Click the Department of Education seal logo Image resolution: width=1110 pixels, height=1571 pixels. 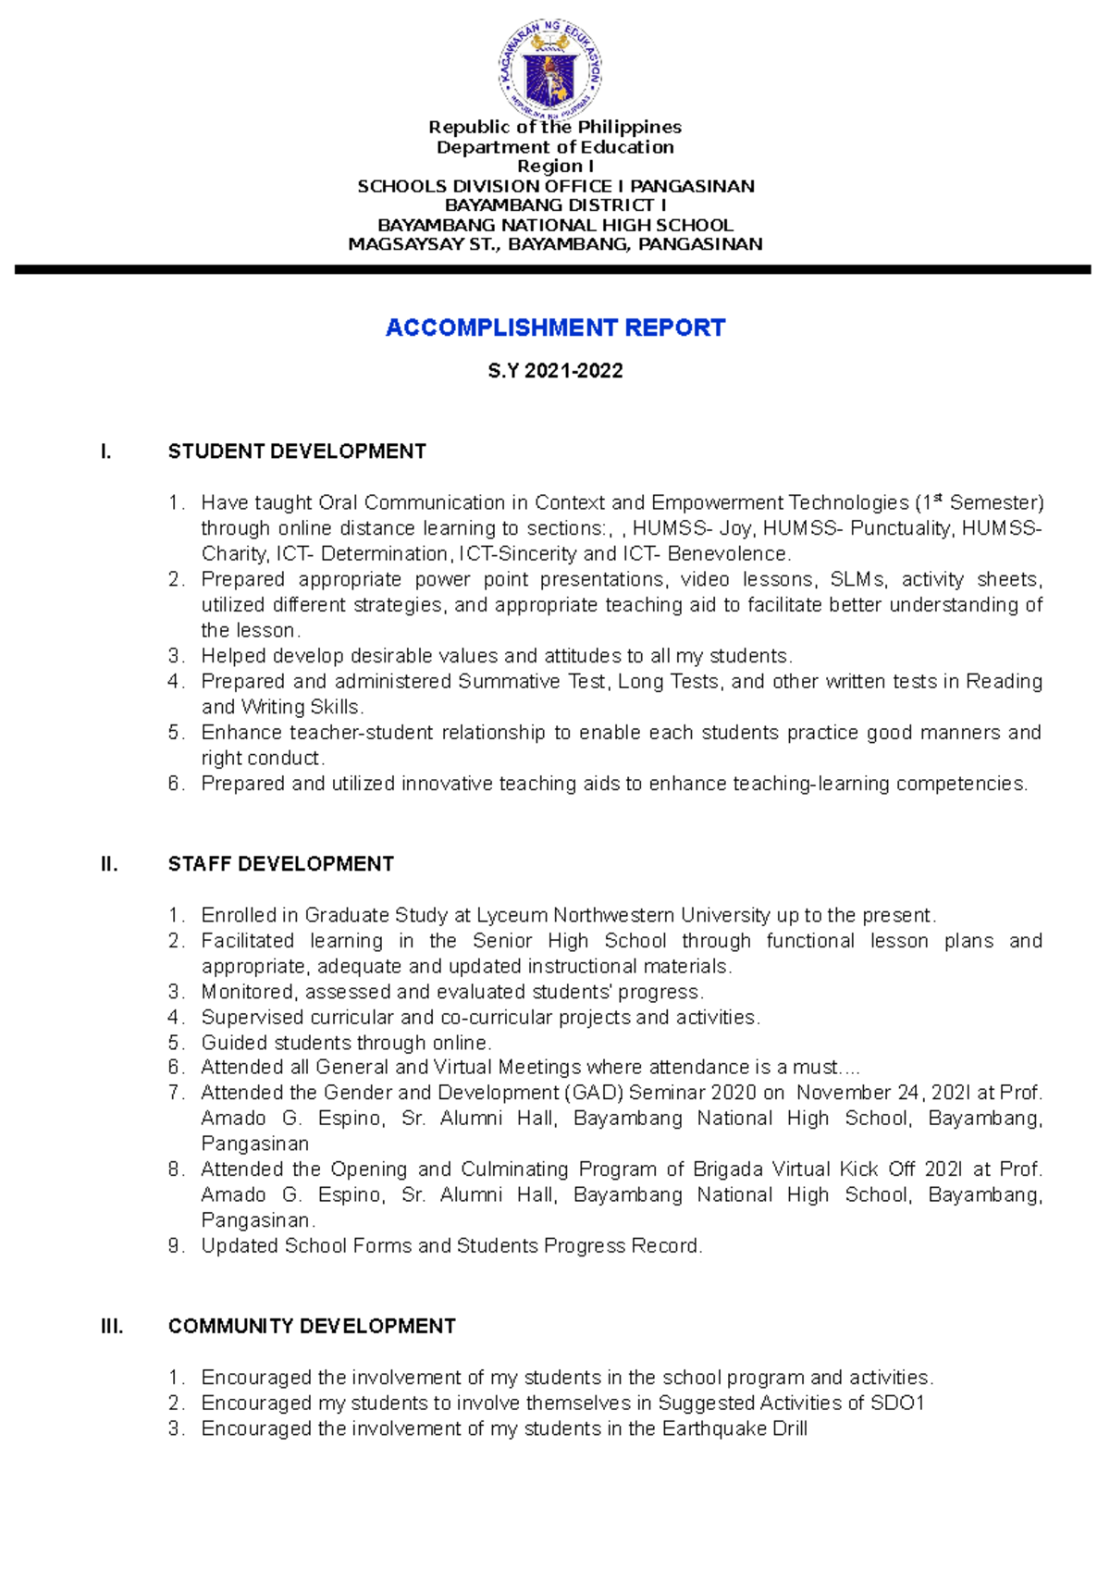tap(551, 69)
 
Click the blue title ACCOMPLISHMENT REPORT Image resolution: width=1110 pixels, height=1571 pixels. tap(555, 328)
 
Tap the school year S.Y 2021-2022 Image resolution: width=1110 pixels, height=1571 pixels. tap(555, 371)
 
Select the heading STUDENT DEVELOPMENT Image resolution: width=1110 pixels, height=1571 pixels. tap(297, 452)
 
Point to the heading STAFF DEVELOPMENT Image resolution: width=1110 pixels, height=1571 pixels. tap(280, 864)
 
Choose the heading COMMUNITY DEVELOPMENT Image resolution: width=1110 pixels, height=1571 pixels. tap(312, 1326)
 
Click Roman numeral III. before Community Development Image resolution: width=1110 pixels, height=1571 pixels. tap(112, 1326)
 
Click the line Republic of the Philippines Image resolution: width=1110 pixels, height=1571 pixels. tap(555, 127)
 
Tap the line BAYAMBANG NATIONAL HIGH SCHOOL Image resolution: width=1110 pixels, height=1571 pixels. tap(555, 225)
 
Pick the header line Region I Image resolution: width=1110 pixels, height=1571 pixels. tap(555, 167)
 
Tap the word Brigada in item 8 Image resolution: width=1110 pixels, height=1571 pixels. tap(729, 1169)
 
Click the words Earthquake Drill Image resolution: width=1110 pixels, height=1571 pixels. tap(734, 1429)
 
